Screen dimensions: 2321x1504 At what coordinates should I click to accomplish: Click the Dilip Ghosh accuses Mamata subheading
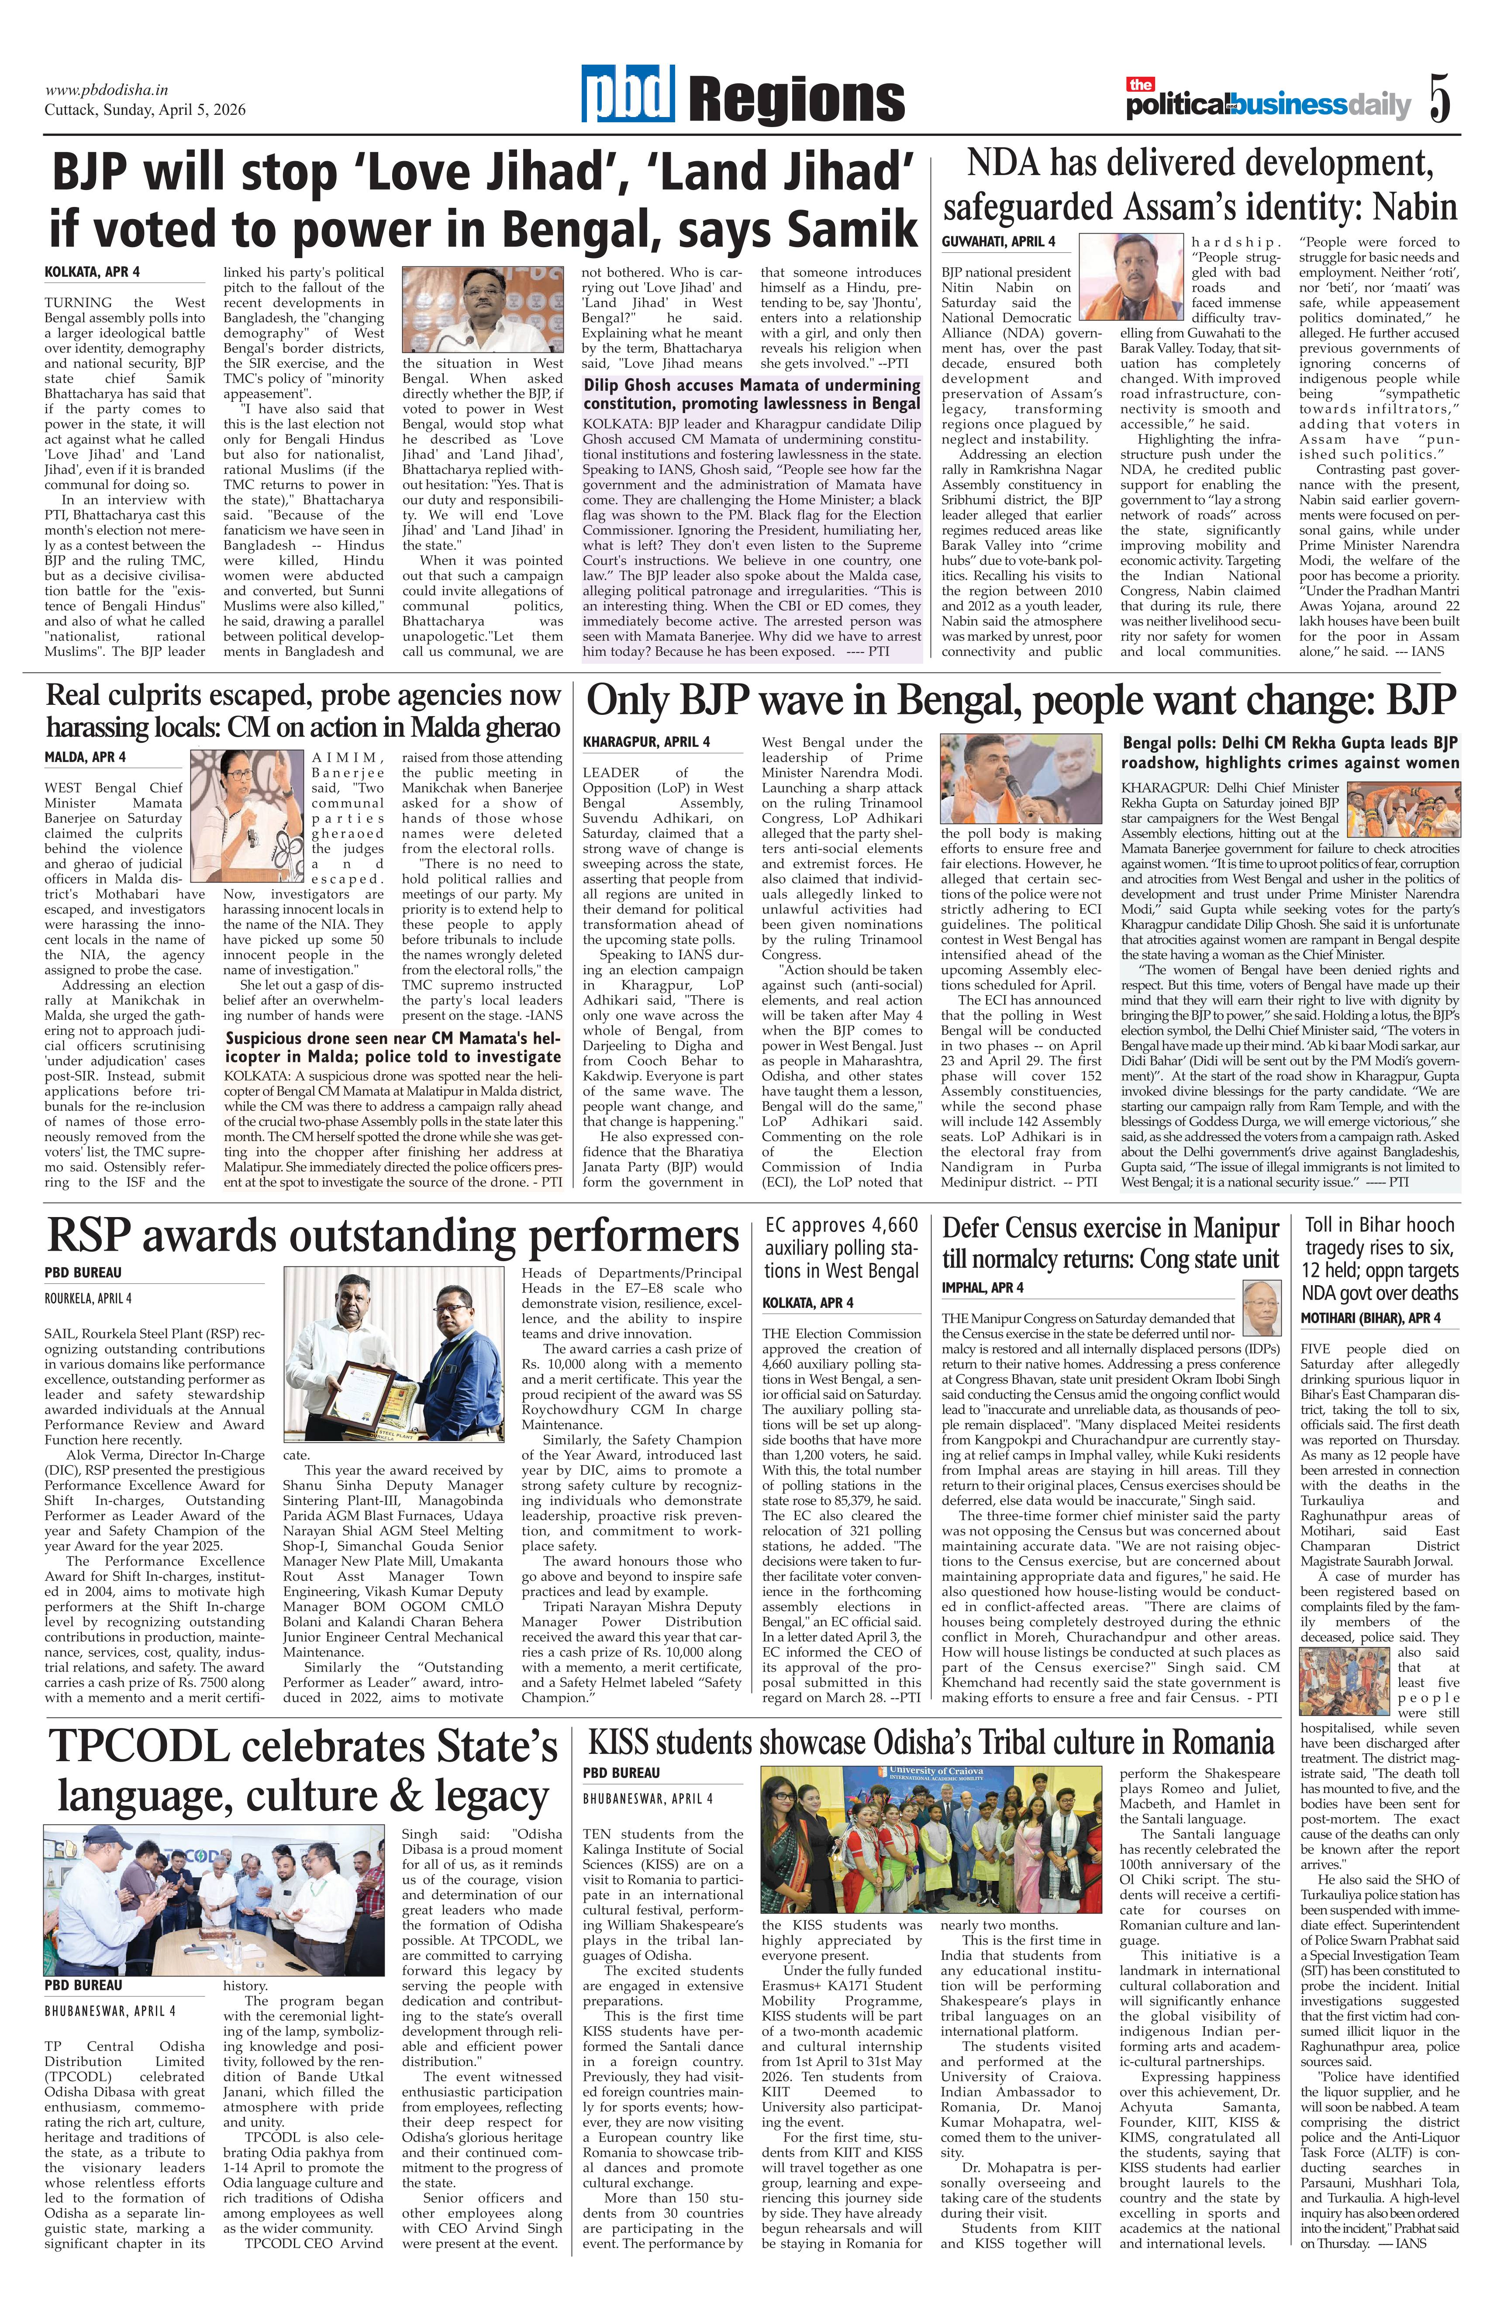pos(751,394)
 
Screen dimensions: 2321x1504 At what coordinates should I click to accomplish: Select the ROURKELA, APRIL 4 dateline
pos(88,1298)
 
